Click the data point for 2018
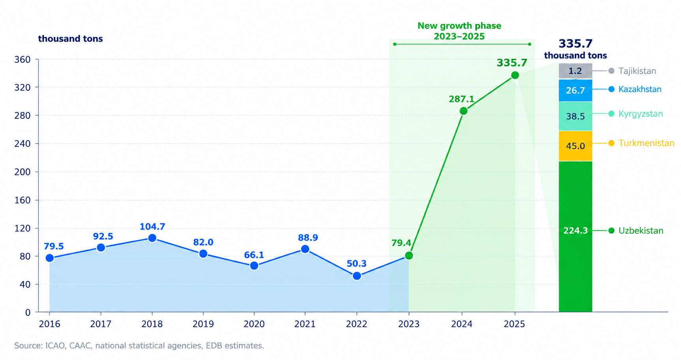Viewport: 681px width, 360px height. (x=152, y=238)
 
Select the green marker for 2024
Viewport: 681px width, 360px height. (x=464, y=111)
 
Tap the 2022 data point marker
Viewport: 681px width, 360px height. (x=357, y=276)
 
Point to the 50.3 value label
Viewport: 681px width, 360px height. (x=356, y=264)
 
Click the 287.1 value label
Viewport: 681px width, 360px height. (x=462, y=99)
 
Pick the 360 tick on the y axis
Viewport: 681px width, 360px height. (x=23, y=60)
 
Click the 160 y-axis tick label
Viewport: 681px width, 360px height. (x=23, y=200)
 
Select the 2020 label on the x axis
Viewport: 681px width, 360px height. (x=254, y=324)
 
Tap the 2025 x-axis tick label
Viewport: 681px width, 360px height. (x=514, y=324)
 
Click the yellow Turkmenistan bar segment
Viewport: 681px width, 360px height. (x=575, y=146)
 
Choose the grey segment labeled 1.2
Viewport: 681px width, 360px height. (x=575, y=71)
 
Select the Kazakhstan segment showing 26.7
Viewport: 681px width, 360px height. (x=575, y=90)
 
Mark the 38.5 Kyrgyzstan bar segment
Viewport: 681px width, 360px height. (x=575, y=116)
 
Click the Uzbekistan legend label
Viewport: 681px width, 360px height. (x=641, y=231)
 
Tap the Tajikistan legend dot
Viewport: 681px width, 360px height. (x=611, y=71)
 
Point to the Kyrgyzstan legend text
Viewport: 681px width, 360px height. (x=640, y=114)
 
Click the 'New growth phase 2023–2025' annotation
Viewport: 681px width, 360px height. (x=459, y=31)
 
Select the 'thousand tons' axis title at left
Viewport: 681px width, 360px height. (x=70, y=39)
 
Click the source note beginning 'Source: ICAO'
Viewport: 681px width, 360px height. (x=139, y=346)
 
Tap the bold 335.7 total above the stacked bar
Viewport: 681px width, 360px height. (x=575, y=43)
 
